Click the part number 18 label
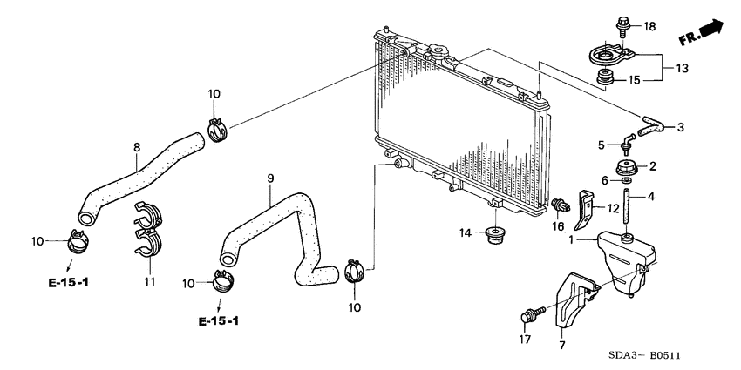point(649,26)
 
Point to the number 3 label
point(680,127)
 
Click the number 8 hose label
point(136,147)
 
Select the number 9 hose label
point(270,178)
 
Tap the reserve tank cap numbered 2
point(624,167)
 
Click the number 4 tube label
point(651,197)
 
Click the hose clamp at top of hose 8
point(217,131)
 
